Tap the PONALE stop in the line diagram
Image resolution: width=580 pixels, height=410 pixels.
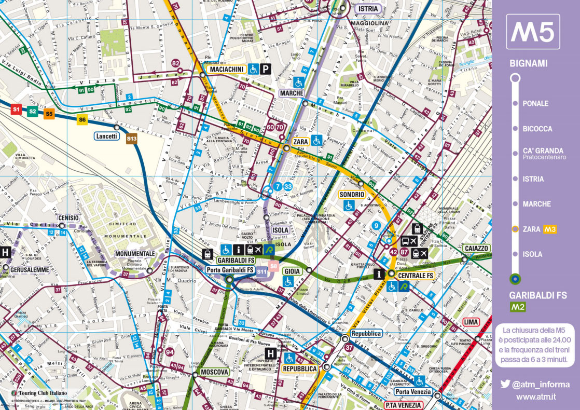(x=535, y=103)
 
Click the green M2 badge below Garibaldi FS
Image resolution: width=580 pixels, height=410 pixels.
(x=519, y=307)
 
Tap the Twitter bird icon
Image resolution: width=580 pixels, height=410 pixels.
(x=505, y=385)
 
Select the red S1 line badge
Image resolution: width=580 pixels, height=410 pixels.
(x=16, y=110)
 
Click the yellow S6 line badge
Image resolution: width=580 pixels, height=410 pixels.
(x=82, y=120)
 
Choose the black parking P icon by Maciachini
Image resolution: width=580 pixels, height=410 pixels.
(x=266, y=69)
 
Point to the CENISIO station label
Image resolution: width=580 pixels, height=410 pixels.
(x=69, y=217)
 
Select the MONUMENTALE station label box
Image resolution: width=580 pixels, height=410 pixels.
(x=135, y=253)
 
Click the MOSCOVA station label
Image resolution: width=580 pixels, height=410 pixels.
(x=214, y=372)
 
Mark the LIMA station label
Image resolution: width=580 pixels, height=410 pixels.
(x=471, y=322)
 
